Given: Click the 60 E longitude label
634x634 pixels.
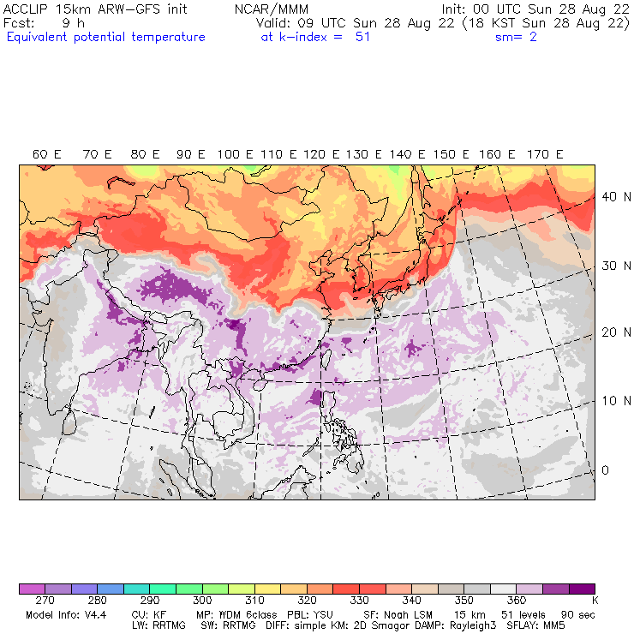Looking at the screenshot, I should [47, 154].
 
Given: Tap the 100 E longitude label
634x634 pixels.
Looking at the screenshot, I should [235, 154].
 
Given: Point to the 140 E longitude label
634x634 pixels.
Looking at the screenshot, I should [400, 154].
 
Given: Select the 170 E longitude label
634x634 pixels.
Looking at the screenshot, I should [546, 154].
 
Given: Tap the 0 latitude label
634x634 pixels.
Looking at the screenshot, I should [605, 470].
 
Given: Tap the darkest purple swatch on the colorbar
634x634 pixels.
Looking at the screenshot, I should [583, 589].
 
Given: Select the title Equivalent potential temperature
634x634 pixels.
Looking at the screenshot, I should [105, 37].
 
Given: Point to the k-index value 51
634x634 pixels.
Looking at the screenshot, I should [362, 37].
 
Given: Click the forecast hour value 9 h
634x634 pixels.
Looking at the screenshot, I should [73, 23].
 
